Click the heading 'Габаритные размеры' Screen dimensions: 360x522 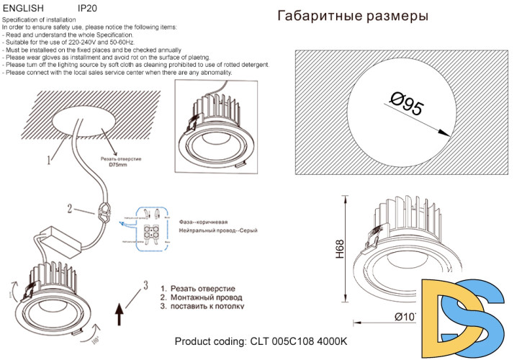click(352, 16)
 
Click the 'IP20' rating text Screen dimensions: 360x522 click(87, 7)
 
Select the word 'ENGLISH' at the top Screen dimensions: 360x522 click(23, 7)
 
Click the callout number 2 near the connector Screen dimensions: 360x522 click(70, 210)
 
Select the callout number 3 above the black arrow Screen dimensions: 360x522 click(146, 284)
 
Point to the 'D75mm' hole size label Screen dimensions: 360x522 click(117, 165)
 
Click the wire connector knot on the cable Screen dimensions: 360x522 click(102, 212)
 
